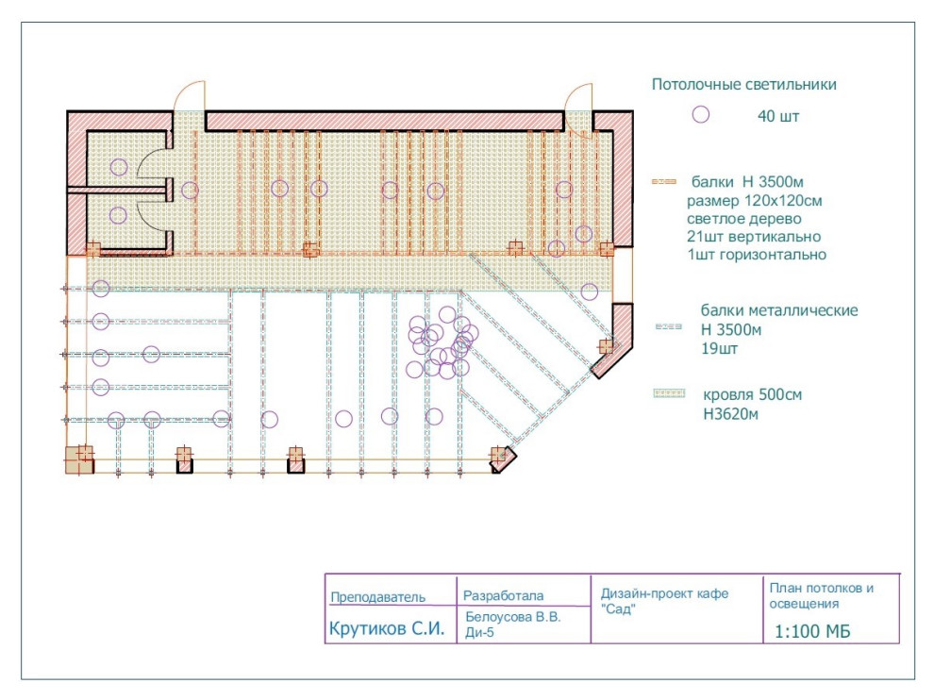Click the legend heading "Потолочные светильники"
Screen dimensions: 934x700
tap(743, 85)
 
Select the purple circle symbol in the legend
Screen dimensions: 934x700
tap(700, 114)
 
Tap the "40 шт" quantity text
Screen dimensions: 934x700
tap(778, 116)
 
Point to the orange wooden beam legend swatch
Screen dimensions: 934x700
tap(664, 182)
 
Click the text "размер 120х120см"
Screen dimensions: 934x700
tap(754, 201)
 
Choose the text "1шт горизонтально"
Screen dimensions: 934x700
tap(757, 255)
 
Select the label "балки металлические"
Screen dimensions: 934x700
tap(779, 310)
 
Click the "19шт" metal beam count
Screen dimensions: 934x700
tap(719, 348)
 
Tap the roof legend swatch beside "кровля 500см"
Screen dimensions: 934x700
tap(670, 393)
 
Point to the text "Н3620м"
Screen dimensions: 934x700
tap(730, 414)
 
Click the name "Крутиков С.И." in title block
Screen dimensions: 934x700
tap(387, 628)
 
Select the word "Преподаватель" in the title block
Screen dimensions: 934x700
tap(377, 597)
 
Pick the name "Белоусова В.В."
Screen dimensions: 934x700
tap(513, 617)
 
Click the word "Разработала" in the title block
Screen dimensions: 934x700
tap(504, 595)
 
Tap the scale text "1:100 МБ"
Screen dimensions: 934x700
tap(812, 631)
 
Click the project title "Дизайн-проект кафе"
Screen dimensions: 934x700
tap(664, 594)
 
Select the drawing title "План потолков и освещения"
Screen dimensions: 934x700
tap(822, 595)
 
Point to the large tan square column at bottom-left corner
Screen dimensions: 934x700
tap(79, 459)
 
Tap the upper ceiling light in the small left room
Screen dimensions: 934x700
tap(119, 167)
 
